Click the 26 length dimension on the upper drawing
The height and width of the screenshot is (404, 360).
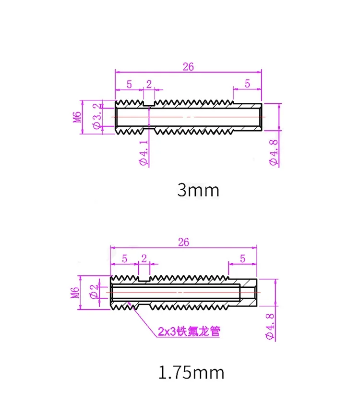[x=188, y=67]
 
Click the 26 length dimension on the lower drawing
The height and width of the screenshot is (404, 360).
[x=184, y=242]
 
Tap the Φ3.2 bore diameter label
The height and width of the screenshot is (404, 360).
[x=96, y=116]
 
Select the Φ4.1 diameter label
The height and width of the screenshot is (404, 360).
[x=144, y=153]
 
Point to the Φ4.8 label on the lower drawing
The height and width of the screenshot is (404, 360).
[x=270, y=327]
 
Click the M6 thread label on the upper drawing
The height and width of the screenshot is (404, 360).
[x=77, y=117]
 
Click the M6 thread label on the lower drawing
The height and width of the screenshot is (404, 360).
[x=75, y=293]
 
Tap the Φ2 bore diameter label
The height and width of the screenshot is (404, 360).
[x=94, y=292]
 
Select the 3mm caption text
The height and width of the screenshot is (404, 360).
[x=198, y=190]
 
